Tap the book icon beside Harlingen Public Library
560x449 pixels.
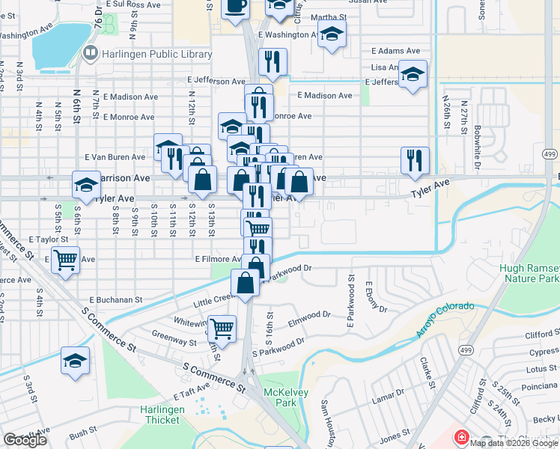pyautogui.click(x=91, y=52)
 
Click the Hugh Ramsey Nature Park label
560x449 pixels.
pyautogui.click(x=529, y=272)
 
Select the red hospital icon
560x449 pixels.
pyautogui.click(x=462, y=436)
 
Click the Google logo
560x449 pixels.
pyautogui.click(x=25, y=440)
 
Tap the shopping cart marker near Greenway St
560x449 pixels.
pyautogui.click(x=222, y=328)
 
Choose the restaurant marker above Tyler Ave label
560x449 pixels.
pyautogui.click(x=414, y=159)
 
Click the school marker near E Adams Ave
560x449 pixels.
pyautogui.click(x=413, y=75)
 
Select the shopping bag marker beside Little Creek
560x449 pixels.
pyautogui.click(x=246, y=283)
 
